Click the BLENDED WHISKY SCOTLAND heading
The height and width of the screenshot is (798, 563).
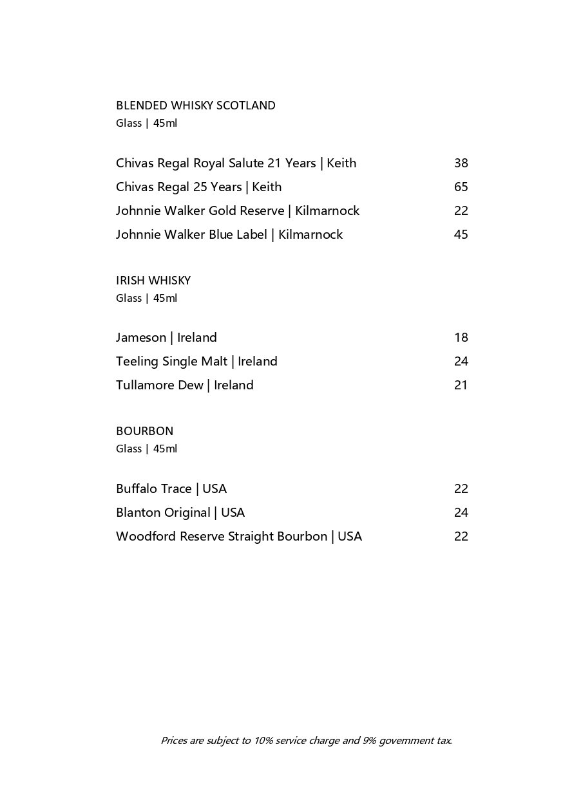(195, 106)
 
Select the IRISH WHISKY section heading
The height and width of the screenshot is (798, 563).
(153, 281)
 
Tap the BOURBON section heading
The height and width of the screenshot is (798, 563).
(144, 431)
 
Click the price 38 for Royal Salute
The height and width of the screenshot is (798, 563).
(461, 163)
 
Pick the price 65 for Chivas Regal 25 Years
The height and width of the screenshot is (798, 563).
(461, 187)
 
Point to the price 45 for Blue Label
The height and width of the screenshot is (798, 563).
(461, 235)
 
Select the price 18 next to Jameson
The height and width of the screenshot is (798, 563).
(461, 338)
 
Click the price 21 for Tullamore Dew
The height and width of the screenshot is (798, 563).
(461, 385)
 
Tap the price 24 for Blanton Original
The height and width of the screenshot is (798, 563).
(461, 513)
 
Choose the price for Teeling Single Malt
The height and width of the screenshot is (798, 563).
(461, 362)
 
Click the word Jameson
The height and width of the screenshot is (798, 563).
(141, 338)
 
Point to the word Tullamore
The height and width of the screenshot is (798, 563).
(145, 385)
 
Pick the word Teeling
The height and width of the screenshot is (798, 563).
(137, 362)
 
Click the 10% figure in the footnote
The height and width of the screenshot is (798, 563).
(263, 741)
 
